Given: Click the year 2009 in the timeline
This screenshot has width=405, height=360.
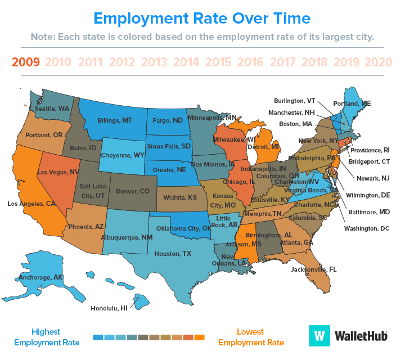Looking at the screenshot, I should click(25, 62).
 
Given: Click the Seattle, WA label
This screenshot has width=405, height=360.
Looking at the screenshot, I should click(52, 107).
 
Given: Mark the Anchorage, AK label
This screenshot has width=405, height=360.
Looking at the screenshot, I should click(42, 277).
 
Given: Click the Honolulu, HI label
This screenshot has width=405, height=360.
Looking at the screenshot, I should click(109, 308).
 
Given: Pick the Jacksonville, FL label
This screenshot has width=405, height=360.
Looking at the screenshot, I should click(314, 269).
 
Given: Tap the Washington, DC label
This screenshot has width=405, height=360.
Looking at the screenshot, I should click(367, 229).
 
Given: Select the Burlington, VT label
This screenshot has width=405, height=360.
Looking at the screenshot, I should click(294, 101).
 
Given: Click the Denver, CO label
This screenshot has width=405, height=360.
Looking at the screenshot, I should click(133, 191).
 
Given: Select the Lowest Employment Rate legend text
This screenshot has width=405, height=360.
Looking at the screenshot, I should click(251, 337).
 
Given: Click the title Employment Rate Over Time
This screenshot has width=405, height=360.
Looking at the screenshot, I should click(202, 18).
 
